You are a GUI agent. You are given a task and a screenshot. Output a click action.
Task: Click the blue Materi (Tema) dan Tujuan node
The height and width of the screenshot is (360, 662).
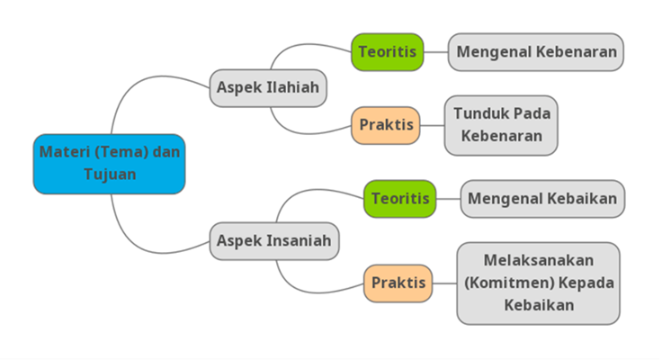109,163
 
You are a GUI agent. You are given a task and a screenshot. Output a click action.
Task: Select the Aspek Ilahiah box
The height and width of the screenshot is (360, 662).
268,88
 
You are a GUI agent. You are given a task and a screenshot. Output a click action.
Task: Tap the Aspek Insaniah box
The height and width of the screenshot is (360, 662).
274,241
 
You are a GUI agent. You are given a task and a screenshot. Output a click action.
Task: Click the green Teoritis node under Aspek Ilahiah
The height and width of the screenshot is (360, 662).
388,51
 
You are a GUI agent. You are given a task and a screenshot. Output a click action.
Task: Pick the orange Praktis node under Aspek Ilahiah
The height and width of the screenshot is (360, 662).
387,125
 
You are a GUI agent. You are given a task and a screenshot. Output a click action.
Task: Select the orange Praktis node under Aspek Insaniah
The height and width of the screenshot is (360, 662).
398,283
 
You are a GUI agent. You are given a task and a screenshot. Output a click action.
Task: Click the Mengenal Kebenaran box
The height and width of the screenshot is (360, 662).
537,51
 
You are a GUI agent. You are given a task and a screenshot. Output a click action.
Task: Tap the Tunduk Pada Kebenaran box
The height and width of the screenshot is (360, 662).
501,125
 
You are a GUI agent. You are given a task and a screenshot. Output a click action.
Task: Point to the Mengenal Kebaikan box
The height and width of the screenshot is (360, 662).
542,198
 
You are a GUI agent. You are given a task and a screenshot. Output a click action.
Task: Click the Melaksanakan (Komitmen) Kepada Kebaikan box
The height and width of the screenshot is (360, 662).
538,283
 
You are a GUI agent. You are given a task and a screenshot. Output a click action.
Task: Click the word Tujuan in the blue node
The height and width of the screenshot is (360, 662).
110,174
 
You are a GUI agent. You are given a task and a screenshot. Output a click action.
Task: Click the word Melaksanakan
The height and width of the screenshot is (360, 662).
539,260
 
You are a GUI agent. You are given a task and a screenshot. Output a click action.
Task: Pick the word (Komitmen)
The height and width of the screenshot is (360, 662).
504,283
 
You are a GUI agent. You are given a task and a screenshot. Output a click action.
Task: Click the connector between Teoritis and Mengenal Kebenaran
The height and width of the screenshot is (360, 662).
435,51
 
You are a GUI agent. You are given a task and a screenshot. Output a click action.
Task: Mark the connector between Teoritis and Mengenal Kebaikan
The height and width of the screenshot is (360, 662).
448,198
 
